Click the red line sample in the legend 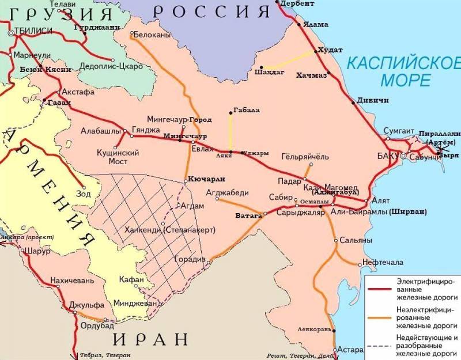[380, 289]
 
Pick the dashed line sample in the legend [380, 346]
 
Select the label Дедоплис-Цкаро [111, 66]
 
